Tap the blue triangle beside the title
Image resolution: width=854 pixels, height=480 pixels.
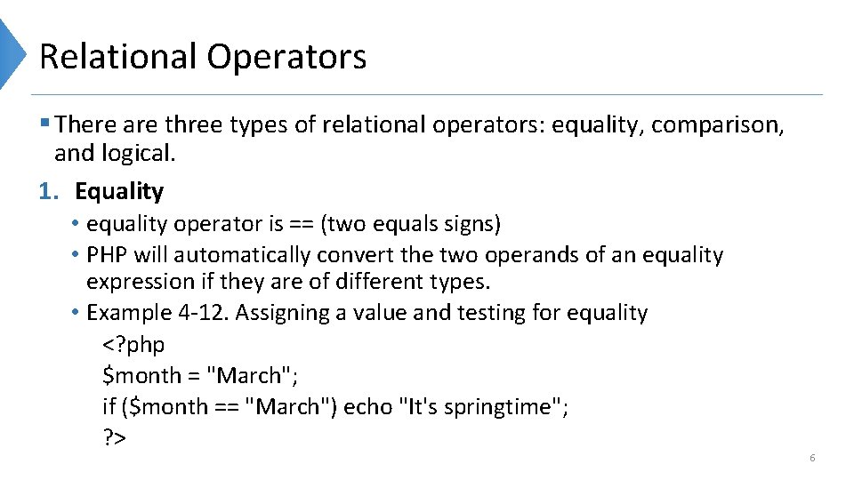pos(12,53)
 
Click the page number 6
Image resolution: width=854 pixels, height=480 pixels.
pos(812,458)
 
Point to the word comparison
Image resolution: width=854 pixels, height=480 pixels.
pos(717,126)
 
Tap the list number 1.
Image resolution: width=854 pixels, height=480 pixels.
pos(47,191)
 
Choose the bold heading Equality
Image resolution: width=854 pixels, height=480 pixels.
pos(119,191)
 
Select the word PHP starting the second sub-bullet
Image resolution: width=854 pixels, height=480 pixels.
pos(107,255)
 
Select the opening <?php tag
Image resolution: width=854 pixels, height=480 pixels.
pos(133,345)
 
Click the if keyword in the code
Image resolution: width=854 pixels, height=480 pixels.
pos(109,407)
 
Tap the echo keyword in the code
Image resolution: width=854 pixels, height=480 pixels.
pos(368,407)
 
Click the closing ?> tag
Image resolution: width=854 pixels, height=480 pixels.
pos(115,438)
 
